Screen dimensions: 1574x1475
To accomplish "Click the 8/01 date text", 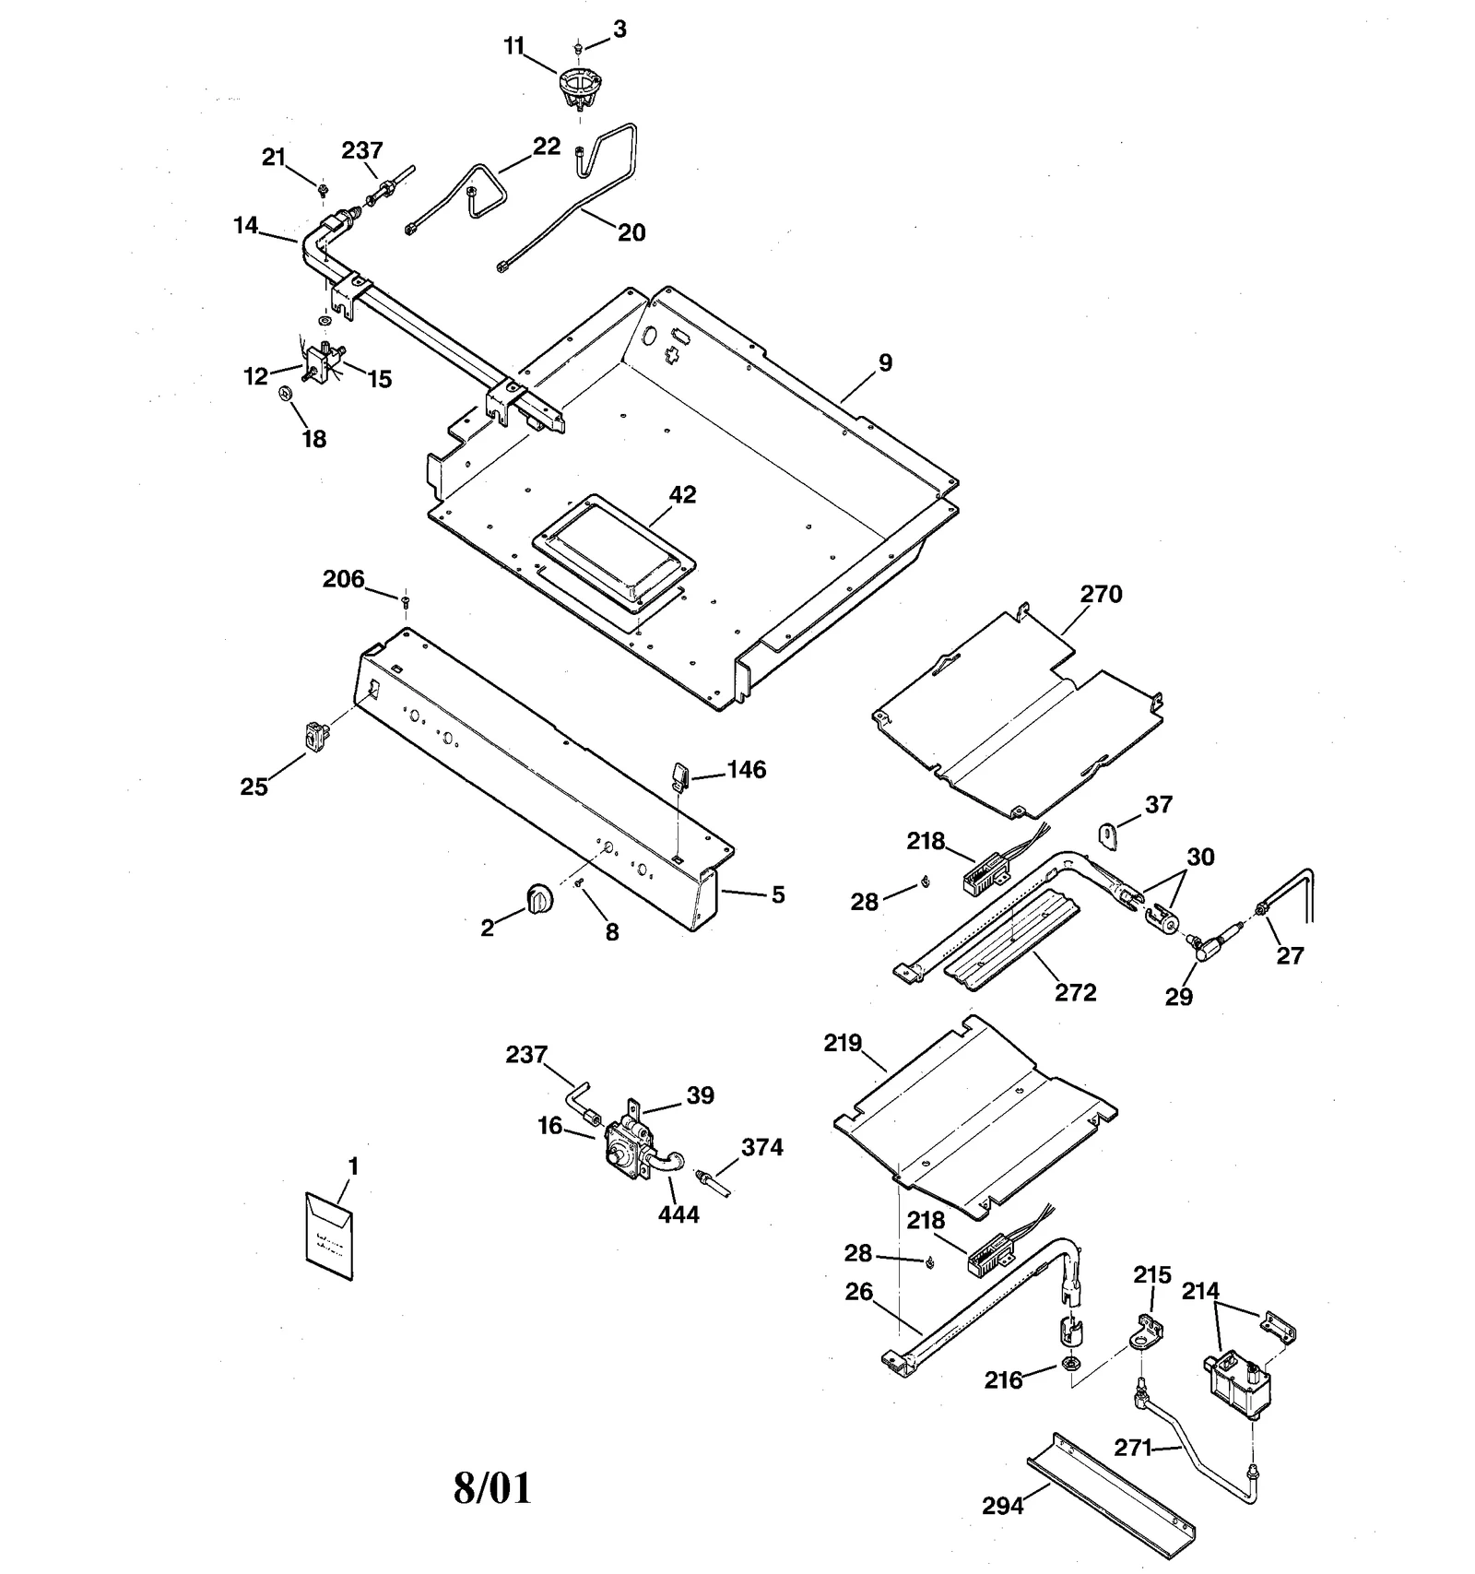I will pyautogui.click(x=492, y=1487).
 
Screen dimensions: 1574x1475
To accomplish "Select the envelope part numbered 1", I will pyautogui.click(x=329, y=1237).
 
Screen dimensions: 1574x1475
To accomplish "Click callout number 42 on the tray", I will pyautogui.click(x=682, y=495).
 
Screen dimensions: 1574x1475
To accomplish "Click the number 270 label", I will pyautogui.click(x=1101, y=595).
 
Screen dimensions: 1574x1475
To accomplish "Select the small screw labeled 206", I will pyautogui.click(x=405, y=601).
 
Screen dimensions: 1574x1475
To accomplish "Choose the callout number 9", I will pyautogui.click(x=885, y=363).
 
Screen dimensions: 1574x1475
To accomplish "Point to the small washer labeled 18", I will pyautogui.click(x=285, y=395).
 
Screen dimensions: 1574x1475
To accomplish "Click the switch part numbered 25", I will pyautogui.click(x=316, y=736).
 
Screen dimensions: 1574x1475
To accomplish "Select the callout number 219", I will pyautogui.click(x=843, y=1044).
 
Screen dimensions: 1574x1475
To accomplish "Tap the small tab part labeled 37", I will pyautogui.click(x=1107, y=834).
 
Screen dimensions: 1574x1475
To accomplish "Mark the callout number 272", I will pyautogui.click(x=1075, y=993).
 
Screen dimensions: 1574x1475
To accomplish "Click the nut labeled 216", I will pyautogui.click(x=1072, y=1363).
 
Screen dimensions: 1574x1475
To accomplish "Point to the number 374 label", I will pyautogui.click(x=762, y=1147).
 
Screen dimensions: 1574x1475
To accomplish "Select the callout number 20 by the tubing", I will pyautogui.click(x=631, y=233).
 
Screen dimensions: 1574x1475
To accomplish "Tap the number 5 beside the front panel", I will pyautogui.click(x=778, y=894).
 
